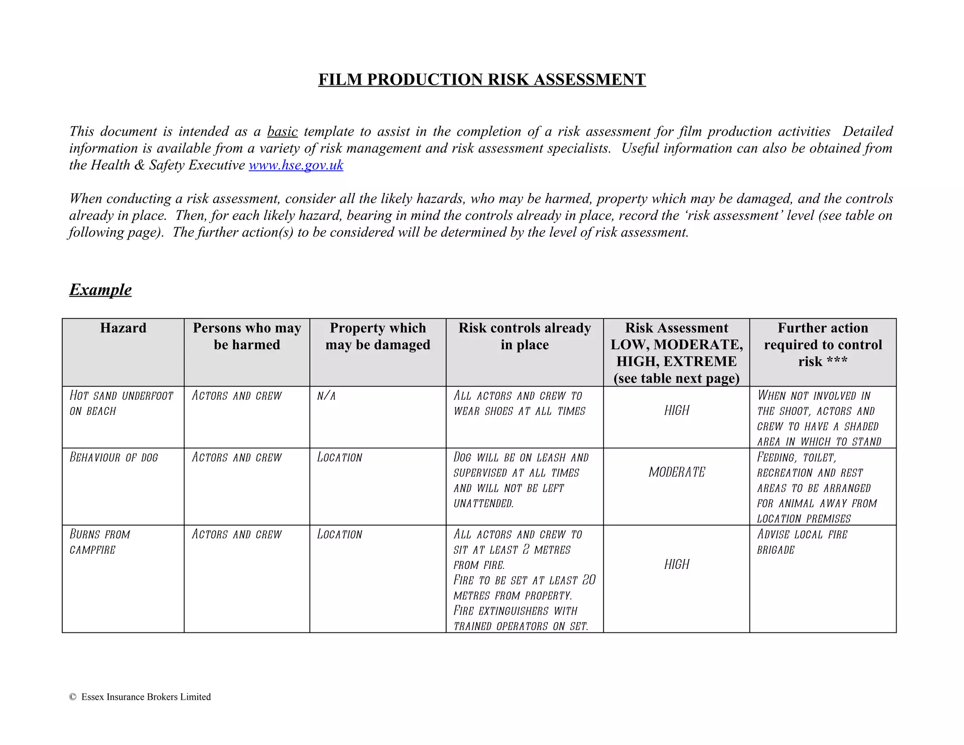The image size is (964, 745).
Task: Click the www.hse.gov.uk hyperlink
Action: (x=296, y=165)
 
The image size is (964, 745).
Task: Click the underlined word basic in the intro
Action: (x=282, y=131)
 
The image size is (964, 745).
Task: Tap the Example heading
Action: (x=100, y=289)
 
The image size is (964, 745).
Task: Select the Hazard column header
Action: (x=123, y=328)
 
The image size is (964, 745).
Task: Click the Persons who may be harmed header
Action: (x=247, y=336)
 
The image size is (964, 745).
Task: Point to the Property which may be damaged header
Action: (x=378, y=336)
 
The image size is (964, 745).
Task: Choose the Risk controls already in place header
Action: (x=524, y=336)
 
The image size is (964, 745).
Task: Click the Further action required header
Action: (x=822, y=344)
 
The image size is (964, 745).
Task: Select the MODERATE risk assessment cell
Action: (x=676, y=472)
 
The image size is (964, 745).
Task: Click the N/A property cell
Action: (x=326, y=396)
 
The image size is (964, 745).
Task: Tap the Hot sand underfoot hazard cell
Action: (x=121, y=404)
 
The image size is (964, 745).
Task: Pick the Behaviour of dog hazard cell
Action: (x=114, y=457)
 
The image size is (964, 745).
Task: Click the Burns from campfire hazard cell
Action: (x=99, y=542)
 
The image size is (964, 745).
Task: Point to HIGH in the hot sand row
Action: (x=676, y=411)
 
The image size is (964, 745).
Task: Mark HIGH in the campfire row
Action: (x=676, y=565)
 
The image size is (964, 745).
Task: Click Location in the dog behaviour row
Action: (x=339, y=457)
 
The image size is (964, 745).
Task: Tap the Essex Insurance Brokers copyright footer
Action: (x=140, y=697)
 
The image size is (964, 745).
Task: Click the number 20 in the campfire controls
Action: (x=589, y=580)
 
